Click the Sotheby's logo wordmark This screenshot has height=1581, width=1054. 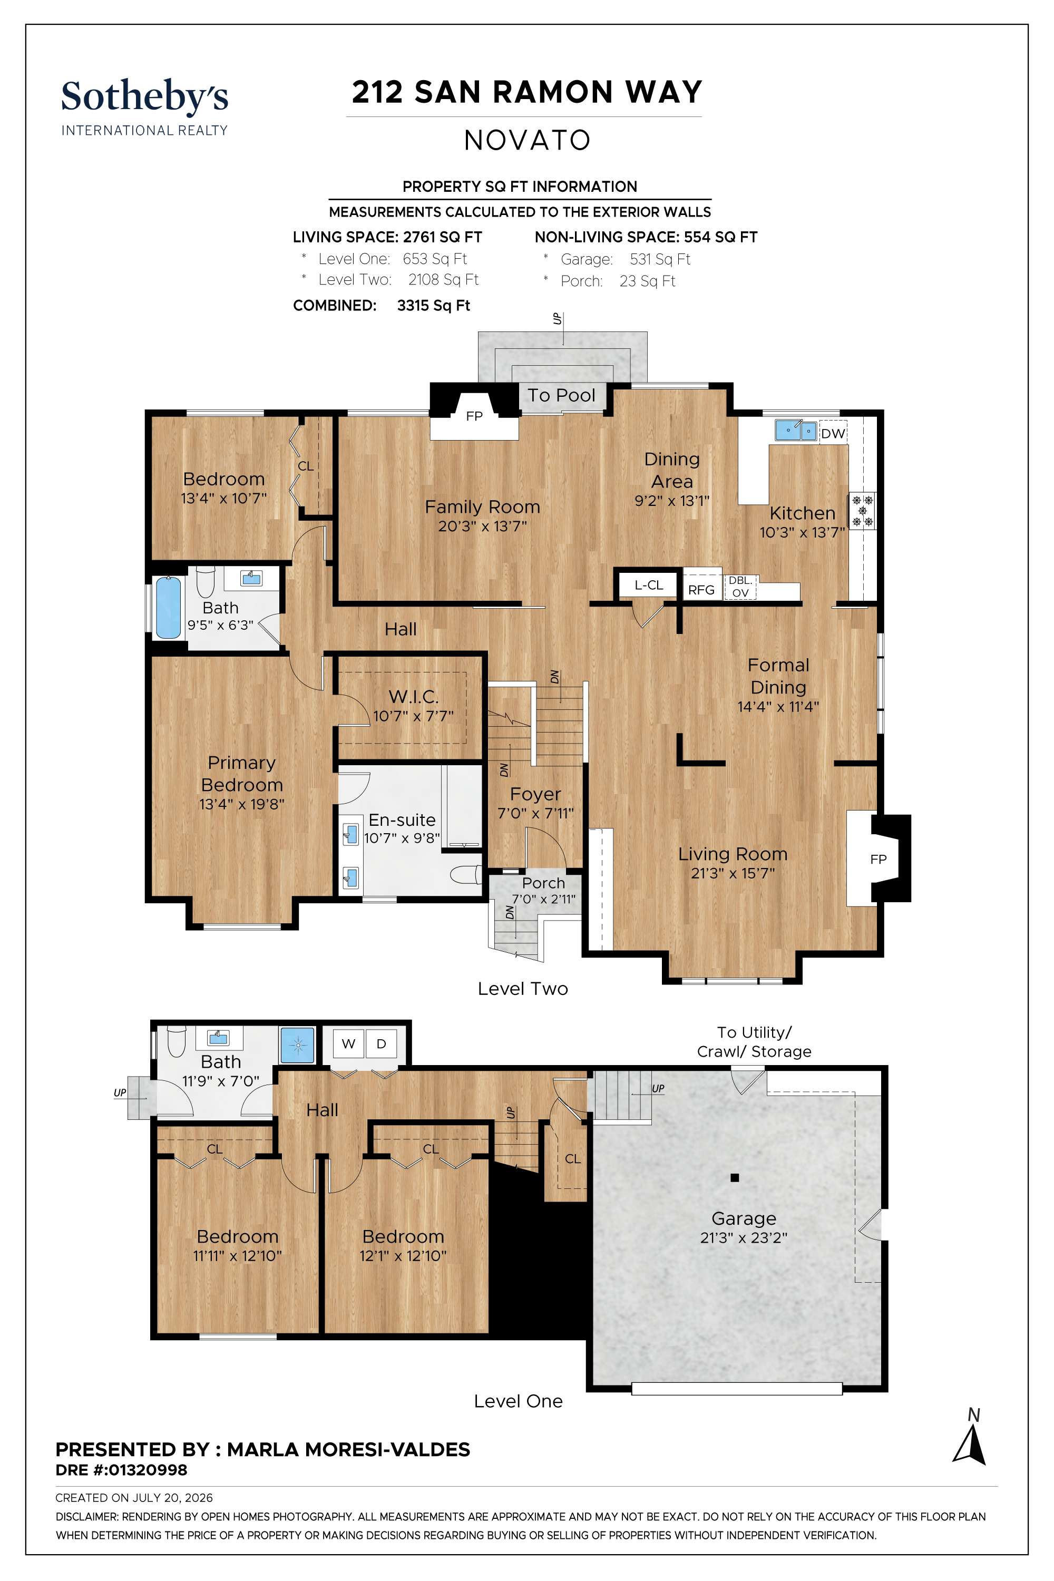pyautogui.click(x=144, y=97)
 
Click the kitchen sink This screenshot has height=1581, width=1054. pyautogui.click(x=795, y=430)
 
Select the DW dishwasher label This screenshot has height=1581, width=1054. pyautogui.click(x=833, y=434)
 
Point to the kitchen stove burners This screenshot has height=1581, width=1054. pyautogui.click(x=862, y=511)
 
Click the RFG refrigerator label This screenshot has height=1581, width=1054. pyautogui.click(x=701, y=590)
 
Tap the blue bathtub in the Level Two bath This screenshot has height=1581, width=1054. pyautogui.click(x=168, y=608)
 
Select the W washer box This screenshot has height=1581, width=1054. pyautogui.click(x=348, y=1044)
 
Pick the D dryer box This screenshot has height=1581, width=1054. pyautogui.click(x=381, y=1044)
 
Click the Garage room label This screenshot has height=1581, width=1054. pyautogui.click(x=744, y=1218)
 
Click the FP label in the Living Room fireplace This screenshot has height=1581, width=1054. pyautogui.click(x=878, y=859)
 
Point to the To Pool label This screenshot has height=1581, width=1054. pyautogui.click(x=561, y=395)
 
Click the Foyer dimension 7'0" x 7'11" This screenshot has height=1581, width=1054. pyautogui.click(x=536, y=813)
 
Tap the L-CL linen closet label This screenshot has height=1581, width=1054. pyautogui.click(x=649, y=585)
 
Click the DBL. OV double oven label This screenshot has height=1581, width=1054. pyautogui.click(x=740, y=586)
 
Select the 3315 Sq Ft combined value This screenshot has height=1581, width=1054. pyautogui.click(x=434, y=305)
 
